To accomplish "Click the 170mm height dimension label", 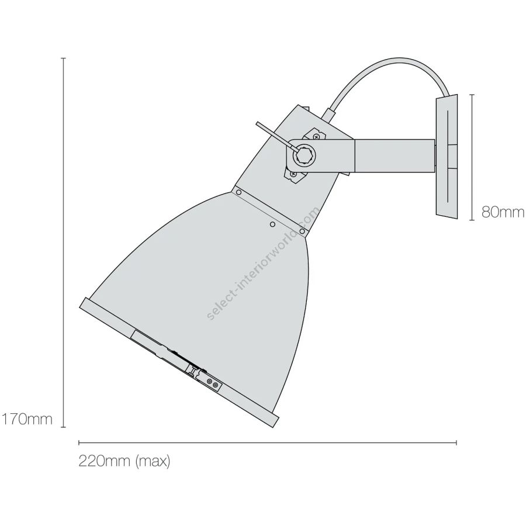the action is [27, 419].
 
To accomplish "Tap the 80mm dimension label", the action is [503, 212].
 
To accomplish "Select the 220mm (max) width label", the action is [124, 461].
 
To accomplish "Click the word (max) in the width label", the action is [153, 462].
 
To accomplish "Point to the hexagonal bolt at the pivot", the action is [304, 154].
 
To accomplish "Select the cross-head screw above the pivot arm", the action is [317, 136].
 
